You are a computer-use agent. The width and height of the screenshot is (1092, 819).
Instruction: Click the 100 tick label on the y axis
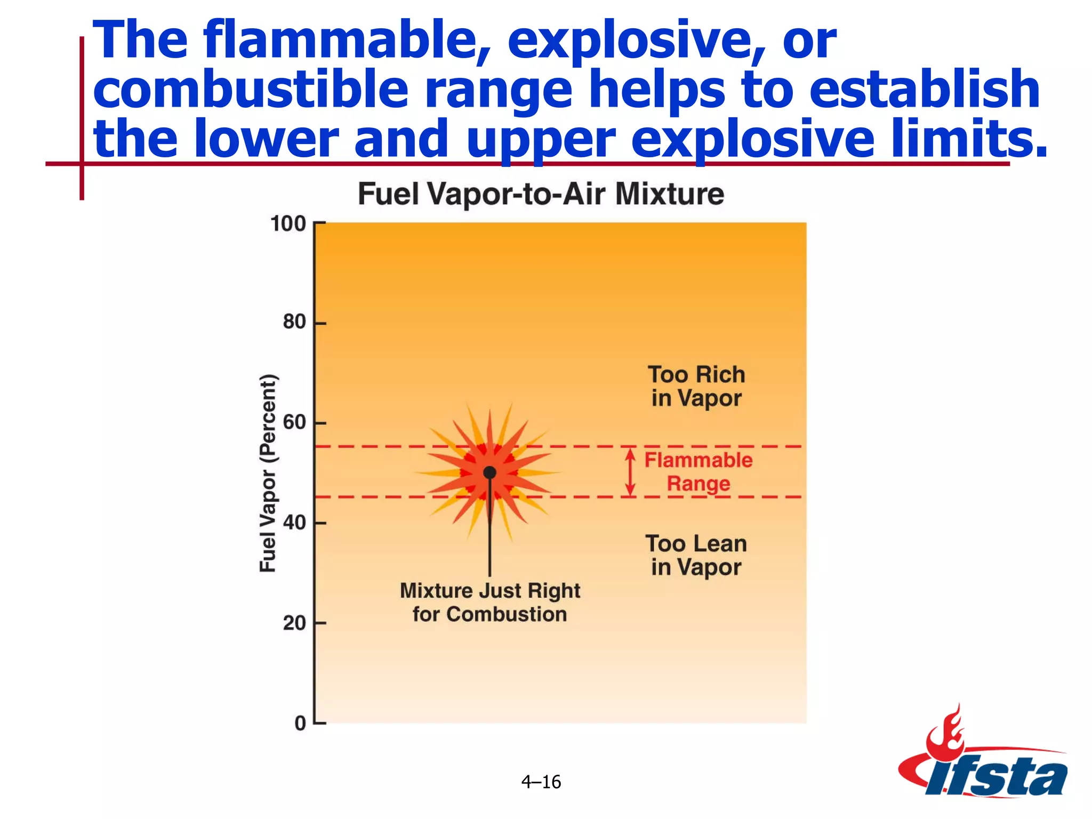pos(288,223)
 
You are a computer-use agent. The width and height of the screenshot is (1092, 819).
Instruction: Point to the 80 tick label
pos(294,322)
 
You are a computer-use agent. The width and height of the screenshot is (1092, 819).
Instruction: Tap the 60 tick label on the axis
pos(294,422)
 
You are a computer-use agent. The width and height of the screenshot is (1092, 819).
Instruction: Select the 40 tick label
pos(294,523)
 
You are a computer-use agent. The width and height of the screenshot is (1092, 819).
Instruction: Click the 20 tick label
pos(294,623)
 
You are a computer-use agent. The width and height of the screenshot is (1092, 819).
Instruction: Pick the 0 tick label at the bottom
pos(300,723)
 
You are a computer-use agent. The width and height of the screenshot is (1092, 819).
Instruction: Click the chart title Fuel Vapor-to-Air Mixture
pos(541,194)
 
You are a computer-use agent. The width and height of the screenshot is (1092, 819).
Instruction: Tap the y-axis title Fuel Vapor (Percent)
pos(268,473)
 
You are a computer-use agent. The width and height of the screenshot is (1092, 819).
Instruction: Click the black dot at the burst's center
pos(489,472)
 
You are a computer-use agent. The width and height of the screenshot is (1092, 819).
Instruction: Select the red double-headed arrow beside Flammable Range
pos(630,472)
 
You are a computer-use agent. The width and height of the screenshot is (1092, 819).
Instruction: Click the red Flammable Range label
pos(698,472)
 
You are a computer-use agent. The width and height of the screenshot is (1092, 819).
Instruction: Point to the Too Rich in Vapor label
pos(696,386)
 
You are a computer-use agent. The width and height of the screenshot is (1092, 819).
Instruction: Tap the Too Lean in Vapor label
pos(696,556)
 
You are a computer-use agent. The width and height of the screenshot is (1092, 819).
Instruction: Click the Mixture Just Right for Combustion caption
pos(489,603)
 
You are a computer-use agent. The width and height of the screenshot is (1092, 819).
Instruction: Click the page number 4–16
pos(541,782)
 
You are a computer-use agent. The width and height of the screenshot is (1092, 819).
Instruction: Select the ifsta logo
pos(984,768)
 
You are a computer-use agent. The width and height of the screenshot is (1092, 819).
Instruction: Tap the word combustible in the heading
pos(251,90)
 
